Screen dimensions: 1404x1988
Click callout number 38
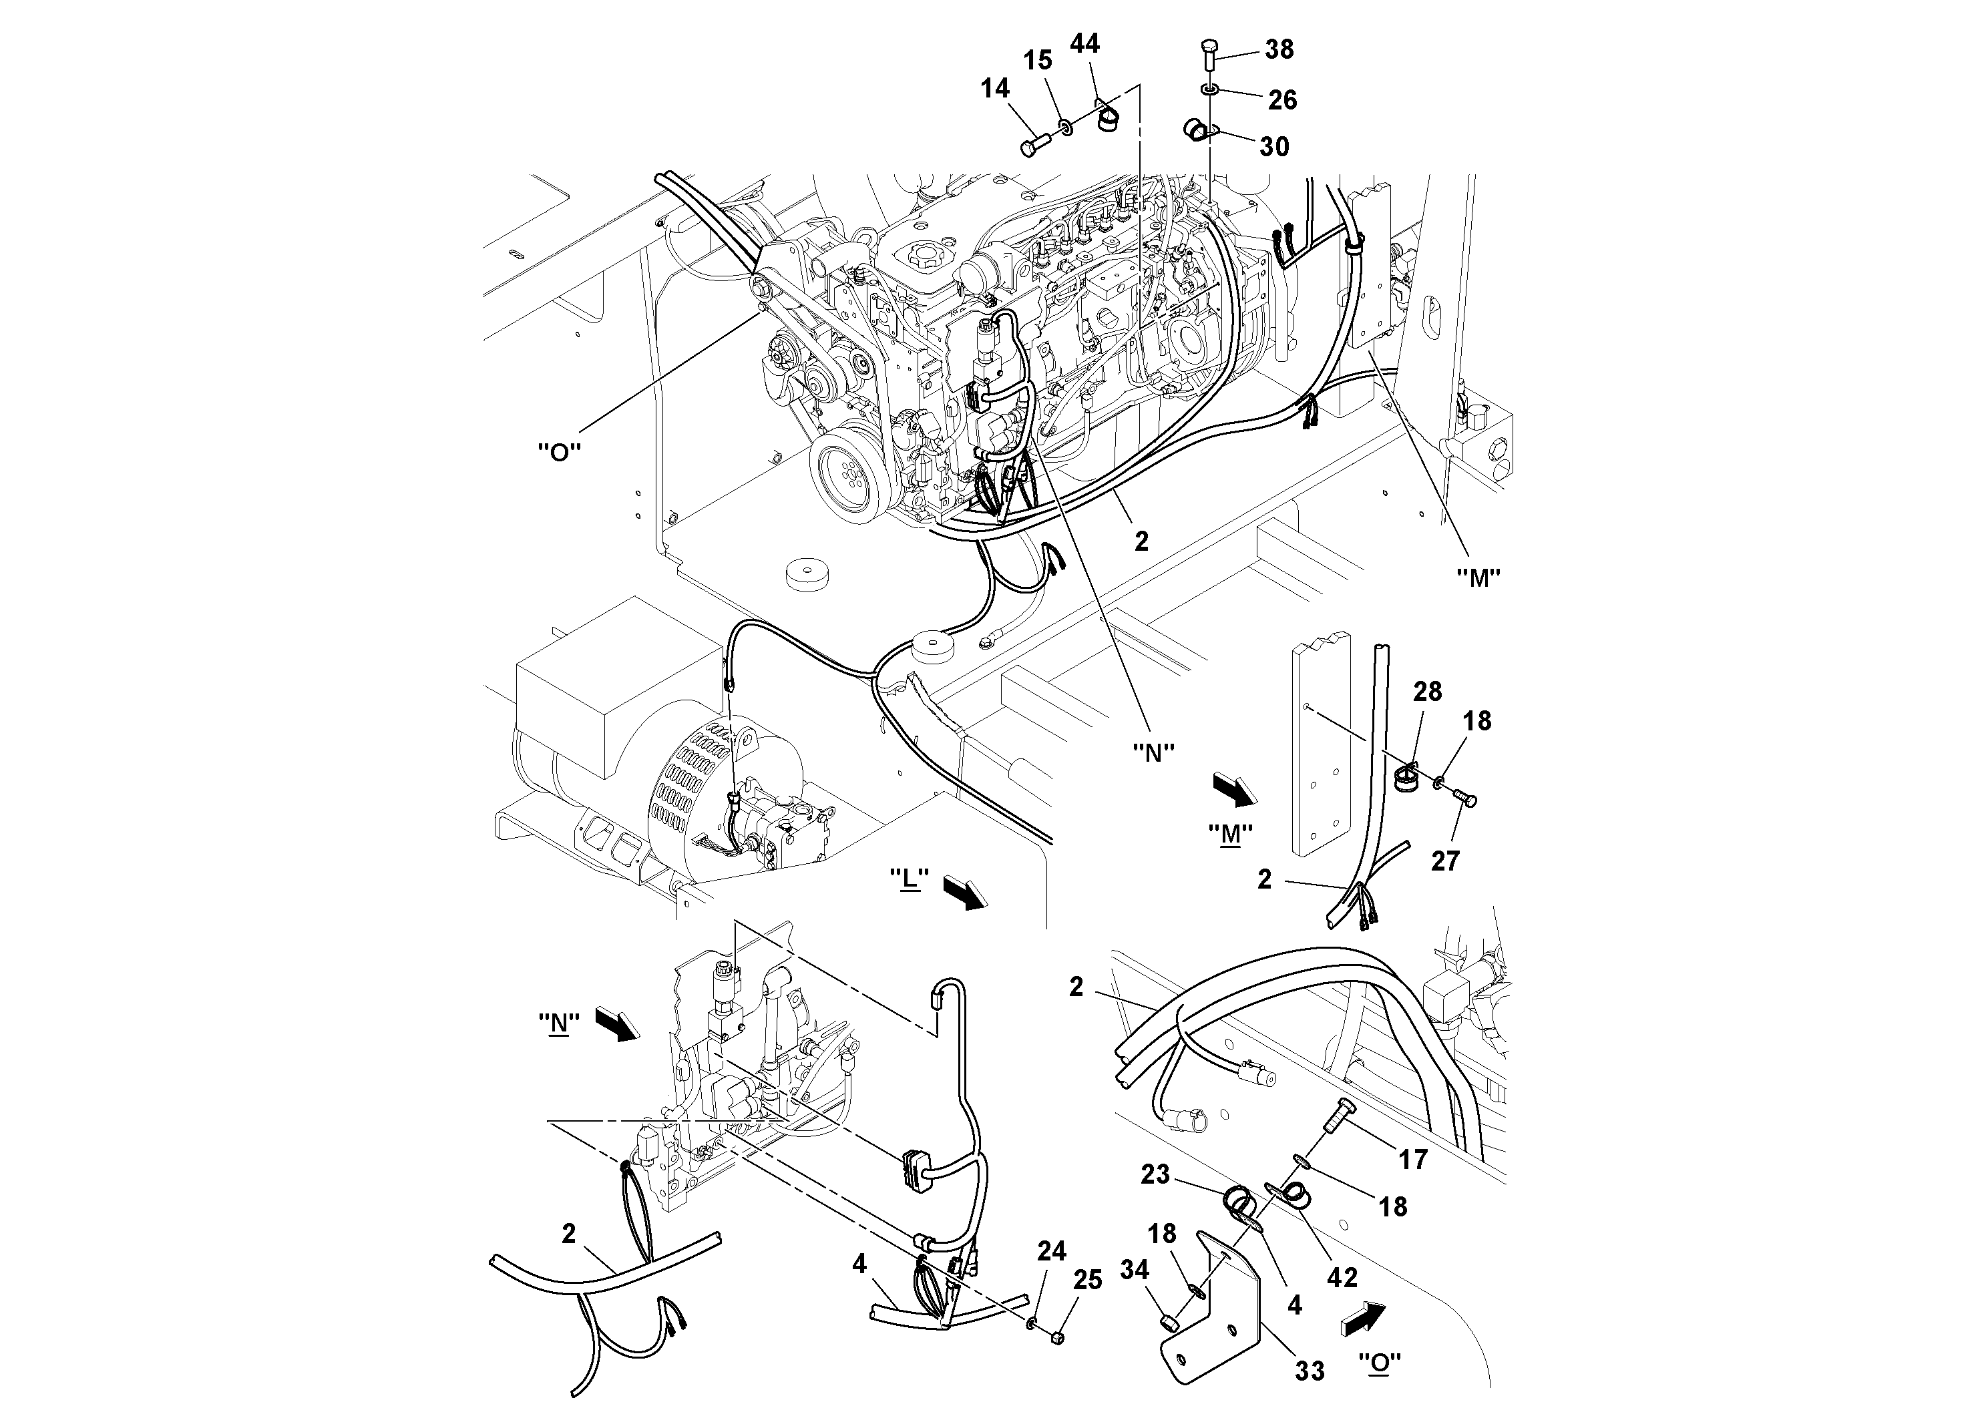[1279, 49]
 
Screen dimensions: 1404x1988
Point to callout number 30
[1273, 146]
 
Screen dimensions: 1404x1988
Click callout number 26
[1281, 100]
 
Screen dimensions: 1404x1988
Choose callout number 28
[1427, 691]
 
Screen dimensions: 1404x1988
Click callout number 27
[1444, 861]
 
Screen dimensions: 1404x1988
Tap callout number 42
[1342, 1276]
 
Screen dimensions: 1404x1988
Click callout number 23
[1155, 1174]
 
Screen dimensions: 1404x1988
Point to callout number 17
[1412, 1159]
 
